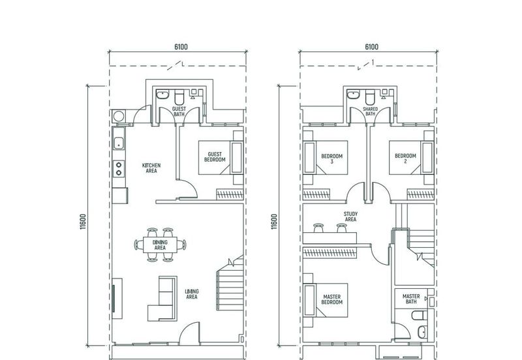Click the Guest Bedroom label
[215, 157]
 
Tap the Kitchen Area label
[151, 168]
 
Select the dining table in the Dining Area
[160, 245]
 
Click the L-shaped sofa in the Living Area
[162, 299]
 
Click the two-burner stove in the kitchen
[119, 168]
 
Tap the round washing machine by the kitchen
[118, 116]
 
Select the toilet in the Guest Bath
[179, 97]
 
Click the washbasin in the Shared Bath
[353, 95]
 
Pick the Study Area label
[350, 217]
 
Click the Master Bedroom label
[332, 299]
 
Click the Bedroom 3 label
[332, 158]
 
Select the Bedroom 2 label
[405, 158]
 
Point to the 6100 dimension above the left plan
[181, 47]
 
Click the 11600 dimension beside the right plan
[274, 222]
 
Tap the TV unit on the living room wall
[117, 299]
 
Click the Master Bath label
[411, 299]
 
